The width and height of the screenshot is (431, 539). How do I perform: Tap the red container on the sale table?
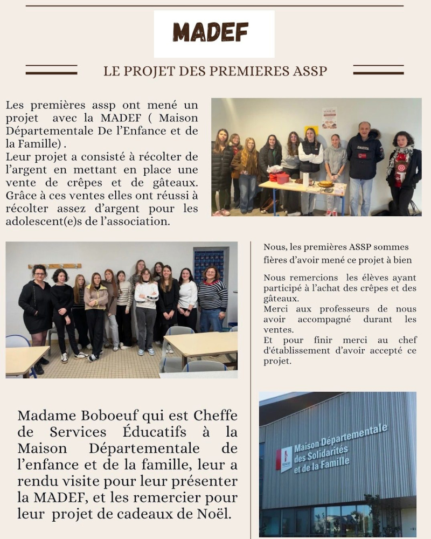click(282, 178)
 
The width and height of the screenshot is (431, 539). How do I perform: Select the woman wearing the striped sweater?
click(212, 302)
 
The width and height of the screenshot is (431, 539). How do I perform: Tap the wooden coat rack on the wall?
click(54, 266)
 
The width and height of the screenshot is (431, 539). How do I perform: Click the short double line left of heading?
click(51, 70)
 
